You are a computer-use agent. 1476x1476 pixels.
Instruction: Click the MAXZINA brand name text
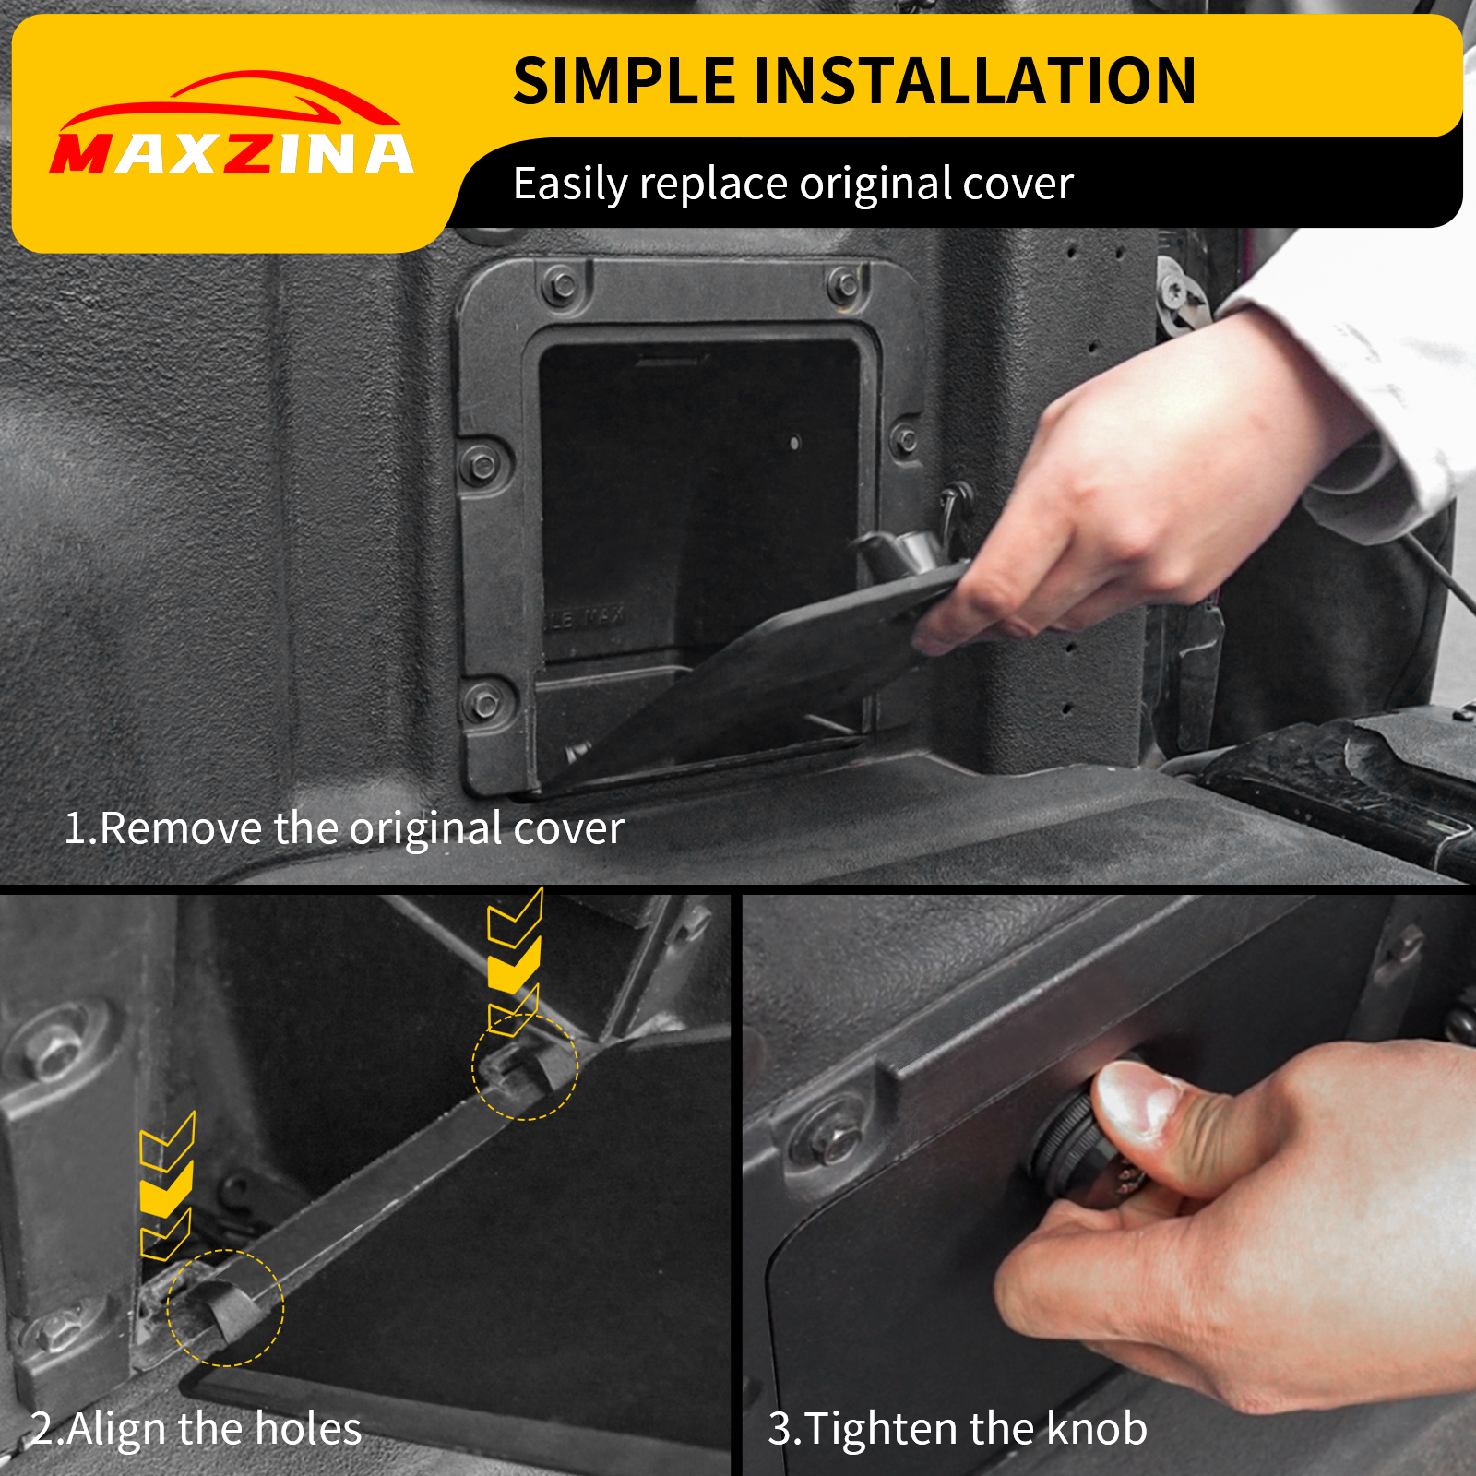pyautogui.click(x=231, y=153)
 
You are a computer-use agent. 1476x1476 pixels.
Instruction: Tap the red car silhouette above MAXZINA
pyautogui.click(x=228, y=100)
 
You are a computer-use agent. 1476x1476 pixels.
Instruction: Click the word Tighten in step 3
pyautogui.click(x=882, y=1429)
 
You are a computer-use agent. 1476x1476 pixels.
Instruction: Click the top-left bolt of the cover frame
pyautogui.click(x=562, y=285)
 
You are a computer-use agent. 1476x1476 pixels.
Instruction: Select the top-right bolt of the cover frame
pyautogui.click(x=843, y=285)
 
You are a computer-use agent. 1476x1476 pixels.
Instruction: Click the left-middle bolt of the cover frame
pyautogui.click(x=481, y=464)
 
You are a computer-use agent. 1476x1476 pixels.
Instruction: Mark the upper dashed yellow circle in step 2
pyautogui.click(x=525, y=1067)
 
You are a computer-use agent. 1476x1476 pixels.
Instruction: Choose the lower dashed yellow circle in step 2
pyautogui.click(x=226, y=1307)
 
